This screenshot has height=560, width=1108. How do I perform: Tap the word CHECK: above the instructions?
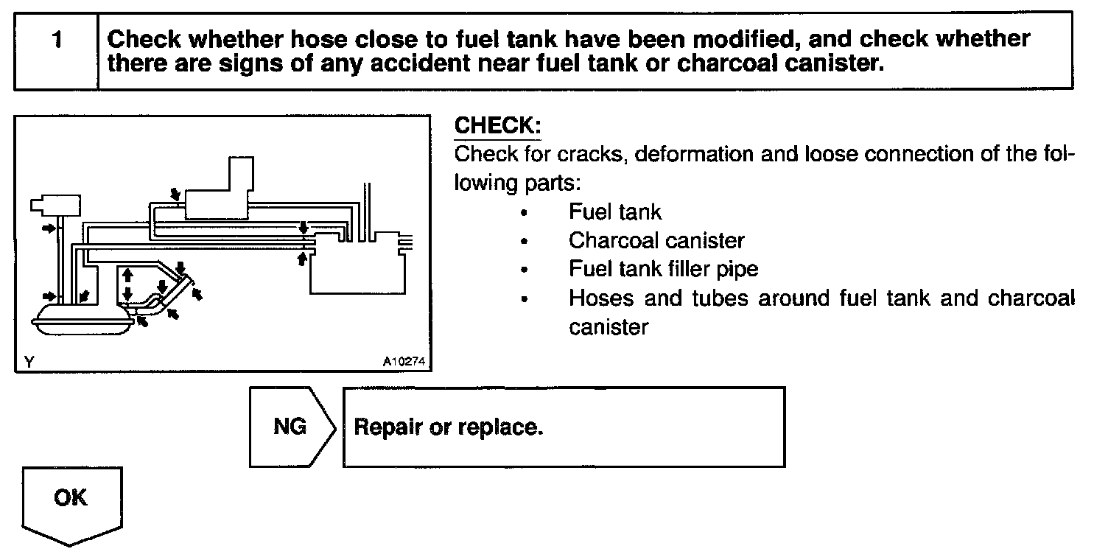point(497,125)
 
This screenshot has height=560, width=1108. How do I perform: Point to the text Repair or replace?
point(449,427)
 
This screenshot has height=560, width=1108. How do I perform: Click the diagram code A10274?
point(404,362)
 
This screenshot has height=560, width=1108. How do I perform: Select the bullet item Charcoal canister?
point(656,240)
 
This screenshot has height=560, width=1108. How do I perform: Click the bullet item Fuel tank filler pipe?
point(663,269)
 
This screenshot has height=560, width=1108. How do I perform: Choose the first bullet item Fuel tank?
point(615,212)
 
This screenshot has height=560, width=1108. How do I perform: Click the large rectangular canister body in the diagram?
point(357,273)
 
